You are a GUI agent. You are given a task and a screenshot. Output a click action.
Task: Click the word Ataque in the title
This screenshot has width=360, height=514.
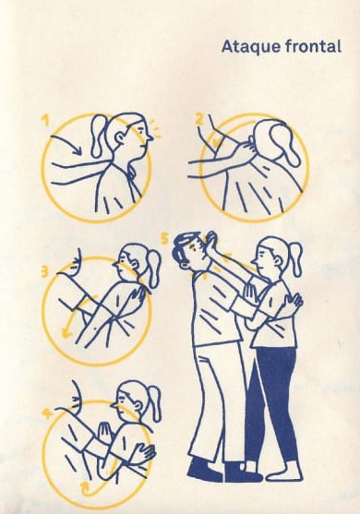pyautogui.click(x=251, y=47)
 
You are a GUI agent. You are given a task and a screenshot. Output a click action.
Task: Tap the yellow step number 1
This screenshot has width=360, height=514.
pyautogui.click(x=45, y=120)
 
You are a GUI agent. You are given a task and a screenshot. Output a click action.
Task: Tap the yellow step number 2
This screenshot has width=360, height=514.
pyautogui.click(x=199, y=118)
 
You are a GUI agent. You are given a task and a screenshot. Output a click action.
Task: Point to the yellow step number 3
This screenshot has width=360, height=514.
pyautogui.click(x=45, y=271)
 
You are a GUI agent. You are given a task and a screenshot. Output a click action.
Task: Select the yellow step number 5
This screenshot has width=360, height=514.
pyautogui.click(x=165, y=239)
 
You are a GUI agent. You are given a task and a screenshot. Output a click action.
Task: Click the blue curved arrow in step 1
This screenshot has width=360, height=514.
pyautogui.click(x=67, y=143)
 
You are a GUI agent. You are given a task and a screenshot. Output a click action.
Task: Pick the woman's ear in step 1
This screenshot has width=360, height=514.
pyautogui.click(x=120, y=137)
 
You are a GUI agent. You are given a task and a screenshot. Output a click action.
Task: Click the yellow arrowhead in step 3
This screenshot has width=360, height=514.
pyautogui.click(x=66, y=333)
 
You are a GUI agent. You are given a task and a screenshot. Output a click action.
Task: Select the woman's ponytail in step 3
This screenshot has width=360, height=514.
pyautogui.click(x=153, y=269)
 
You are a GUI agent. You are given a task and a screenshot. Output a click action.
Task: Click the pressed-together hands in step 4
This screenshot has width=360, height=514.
pyautogui.click(x=105, y=433)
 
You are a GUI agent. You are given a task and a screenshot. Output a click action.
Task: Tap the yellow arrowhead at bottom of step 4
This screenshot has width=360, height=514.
pyautogui.click(x=85, y=485)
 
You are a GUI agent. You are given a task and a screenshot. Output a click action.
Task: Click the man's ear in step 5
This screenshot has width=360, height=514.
pyautogui.click(x=186, y=264)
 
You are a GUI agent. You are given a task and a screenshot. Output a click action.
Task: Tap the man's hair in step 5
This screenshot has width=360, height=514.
pyautogui.click(x=183, y=245)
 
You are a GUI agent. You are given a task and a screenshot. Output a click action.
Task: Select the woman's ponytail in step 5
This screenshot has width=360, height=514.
pyautogui.click(x=295, y=259)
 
